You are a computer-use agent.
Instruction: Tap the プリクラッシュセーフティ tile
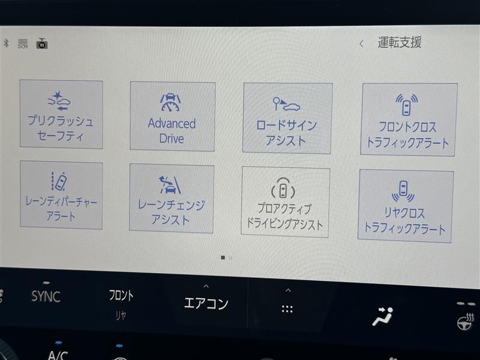pyautogui.click(x=61, y=115)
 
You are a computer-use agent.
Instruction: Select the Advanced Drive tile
pyautogui.click(x=172, y=116)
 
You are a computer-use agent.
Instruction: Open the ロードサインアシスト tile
pyautogui.click(x=287, y=118)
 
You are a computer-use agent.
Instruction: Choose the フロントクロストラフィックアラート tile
pyautogui.click(x=409, y=119)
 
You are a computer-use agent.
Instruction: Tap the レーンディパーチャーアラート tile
pyautogui.click(x=61, y=195)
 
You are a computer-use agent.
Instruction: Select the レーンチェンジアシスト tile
pyautogui.click(x=172, y=199)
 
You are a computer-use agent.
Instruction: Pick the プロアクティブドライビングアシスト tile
pyautogui.click(x=286, y=202)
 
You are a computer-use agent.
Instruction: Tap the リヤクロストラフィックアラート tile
pyautogui.click(x=406, y=206)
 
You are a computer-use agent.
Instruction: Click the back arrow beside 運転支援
pyautogui.click(x=362, y=44)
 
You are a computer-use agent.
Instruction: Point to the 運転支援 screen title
pyautogui.click(x=400, y=42)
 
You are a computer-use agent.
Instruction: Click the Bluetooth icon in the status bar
pyautogui.click(x=6, y=43)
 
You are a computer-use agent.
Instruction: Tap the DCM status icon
pyautogui.click(x=23, y=44)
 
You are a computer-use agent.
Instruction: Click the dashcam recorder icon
pyautogui.click(x=42, y=43)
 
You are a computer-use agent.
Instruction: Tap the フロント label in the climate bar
pyautogui.click(x=121, y=295)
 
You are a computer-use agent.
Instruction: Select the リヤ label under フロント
pyautogui.click(x=121, y=316)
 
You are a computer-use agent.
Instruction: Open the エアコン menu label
pyautogui.click(x=206, y=303)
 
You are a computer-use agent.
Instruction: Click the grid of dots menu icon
pyautogui.click(x=287, y=309)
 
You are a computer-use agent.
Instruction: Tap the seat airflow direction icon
pyautogui.click(x=383, y=316)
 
